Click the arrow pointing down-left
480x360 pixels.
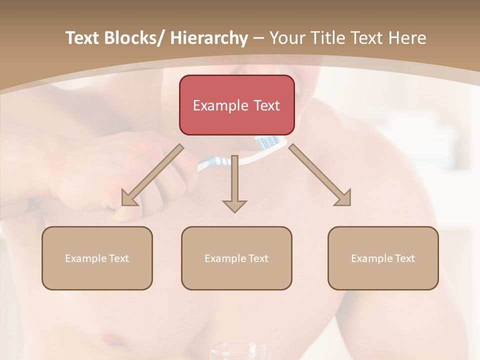click(152, 175)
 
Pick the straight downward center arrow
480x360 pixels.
click(234, 185)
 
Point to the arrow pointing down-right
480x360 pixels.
click(320, 175)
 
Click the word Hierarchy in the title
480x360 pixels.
click(209, 38)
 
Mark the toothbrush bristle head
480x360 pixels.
click(267, 142)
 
